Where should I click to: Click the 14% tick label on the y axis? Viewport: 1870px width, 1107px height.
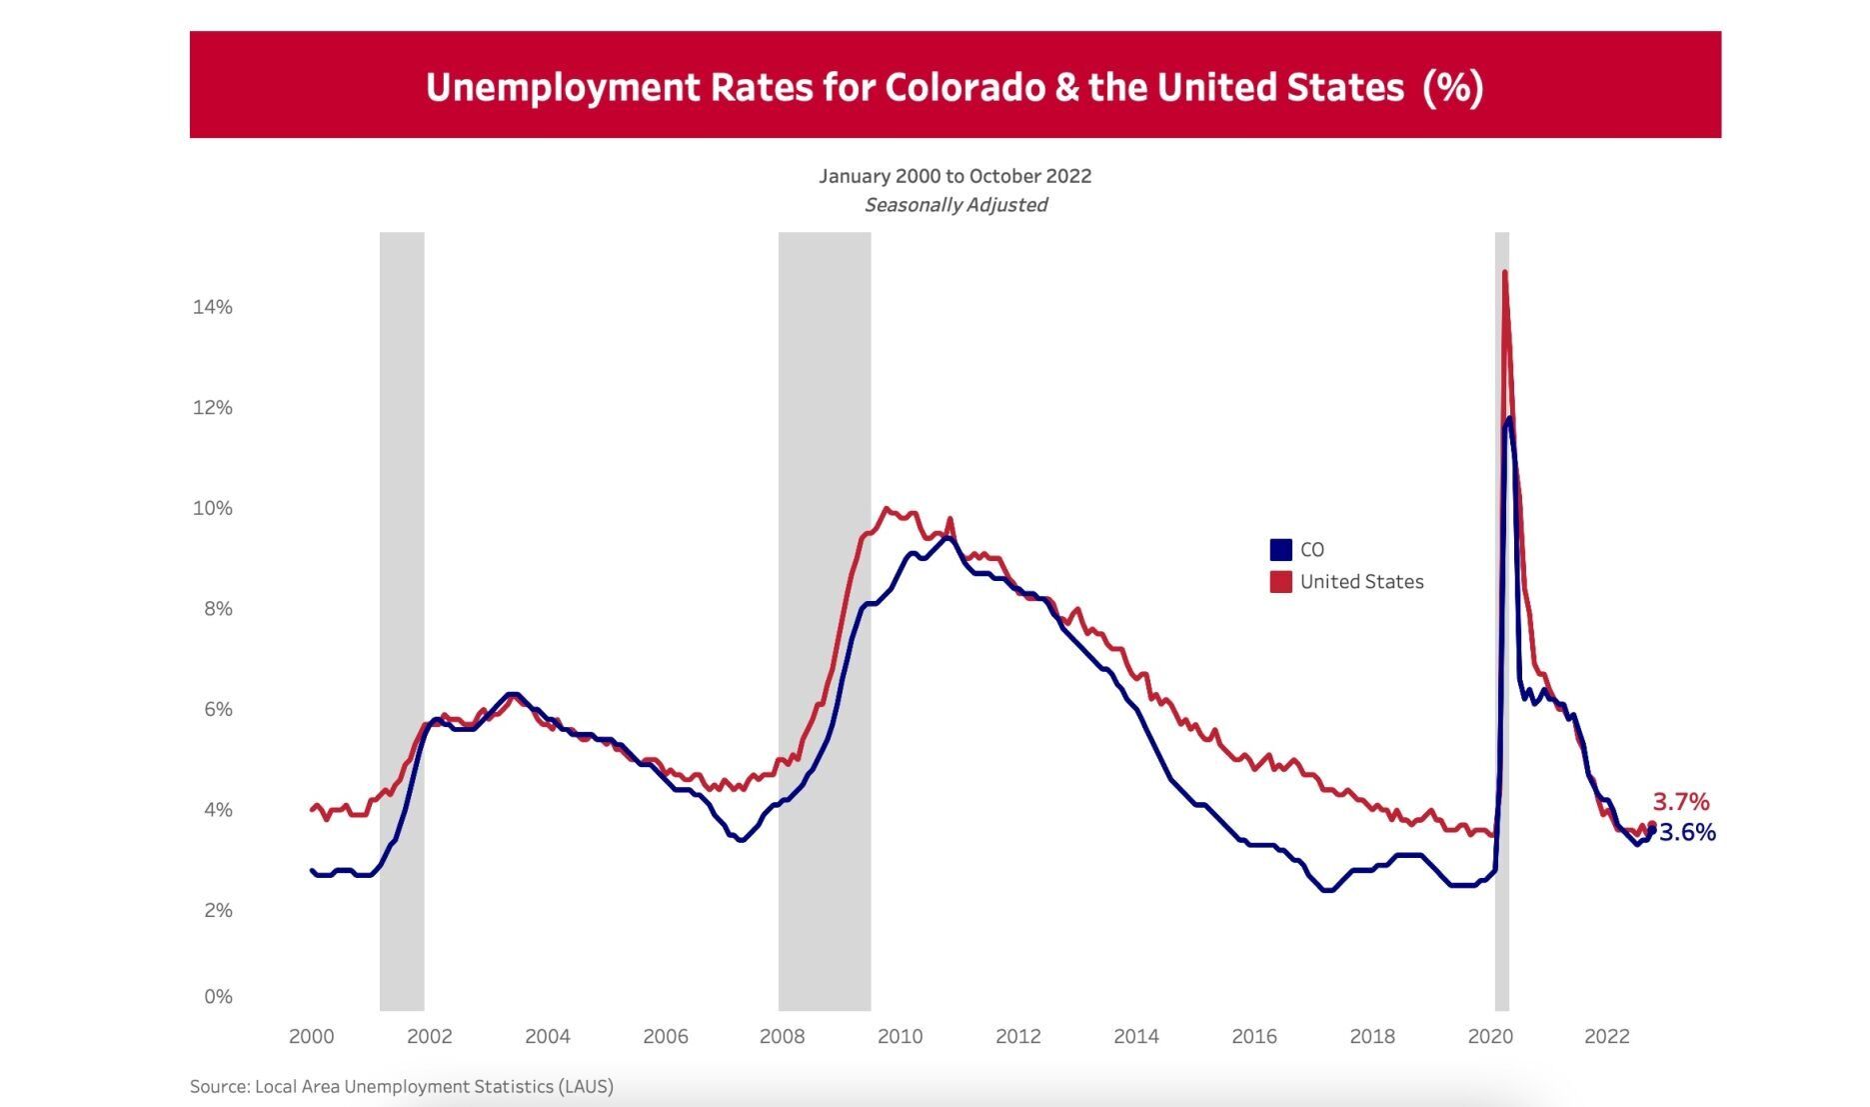[x=212, y=307]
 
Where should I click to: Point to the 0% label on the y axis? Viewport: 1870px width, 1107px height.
[x=218, y=996]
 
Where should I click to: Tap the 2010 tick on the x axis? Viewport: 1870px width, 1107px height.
[x=900, y=1037]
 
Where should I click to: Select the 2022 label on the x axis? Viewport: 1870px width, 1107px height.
[x=1606, y=1037]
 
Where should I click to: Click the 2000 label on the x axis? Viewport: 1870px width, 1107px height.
[x=311, y=1037]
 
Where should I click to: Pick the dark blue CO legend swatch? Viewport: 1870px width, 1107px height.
[x=1280, y=550]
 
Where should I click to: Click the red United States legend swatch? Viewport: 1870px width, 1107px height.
[x=1280, y=582]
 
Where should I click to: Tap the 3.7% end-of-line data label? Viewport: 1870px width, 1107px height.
[x=1680, y=802]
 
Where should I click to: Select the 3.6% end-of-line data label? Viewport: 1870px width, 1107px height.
[x=1687, y=833]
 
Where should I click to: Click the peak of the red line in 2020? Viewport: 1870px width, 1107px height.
[x=1504, y=272]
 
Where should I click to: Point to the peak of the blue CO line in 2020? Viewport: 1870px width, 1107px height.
[x=1509, y=419]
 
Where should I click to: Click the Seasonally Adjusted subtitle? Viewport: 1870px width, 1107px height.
[x=955, y=205]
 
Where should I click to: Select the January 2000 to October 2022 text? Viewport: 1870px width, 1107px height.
[x=954, y=176]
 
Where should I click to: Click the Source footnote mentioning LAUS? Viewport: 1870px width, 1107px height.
[x=401, y=1086]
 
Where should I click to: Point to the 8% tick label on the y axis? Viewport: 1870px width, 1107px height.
[x=212, y=609]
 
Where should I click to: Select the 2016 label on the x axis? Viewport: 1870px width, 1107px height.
[x=1253, y=1037]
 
